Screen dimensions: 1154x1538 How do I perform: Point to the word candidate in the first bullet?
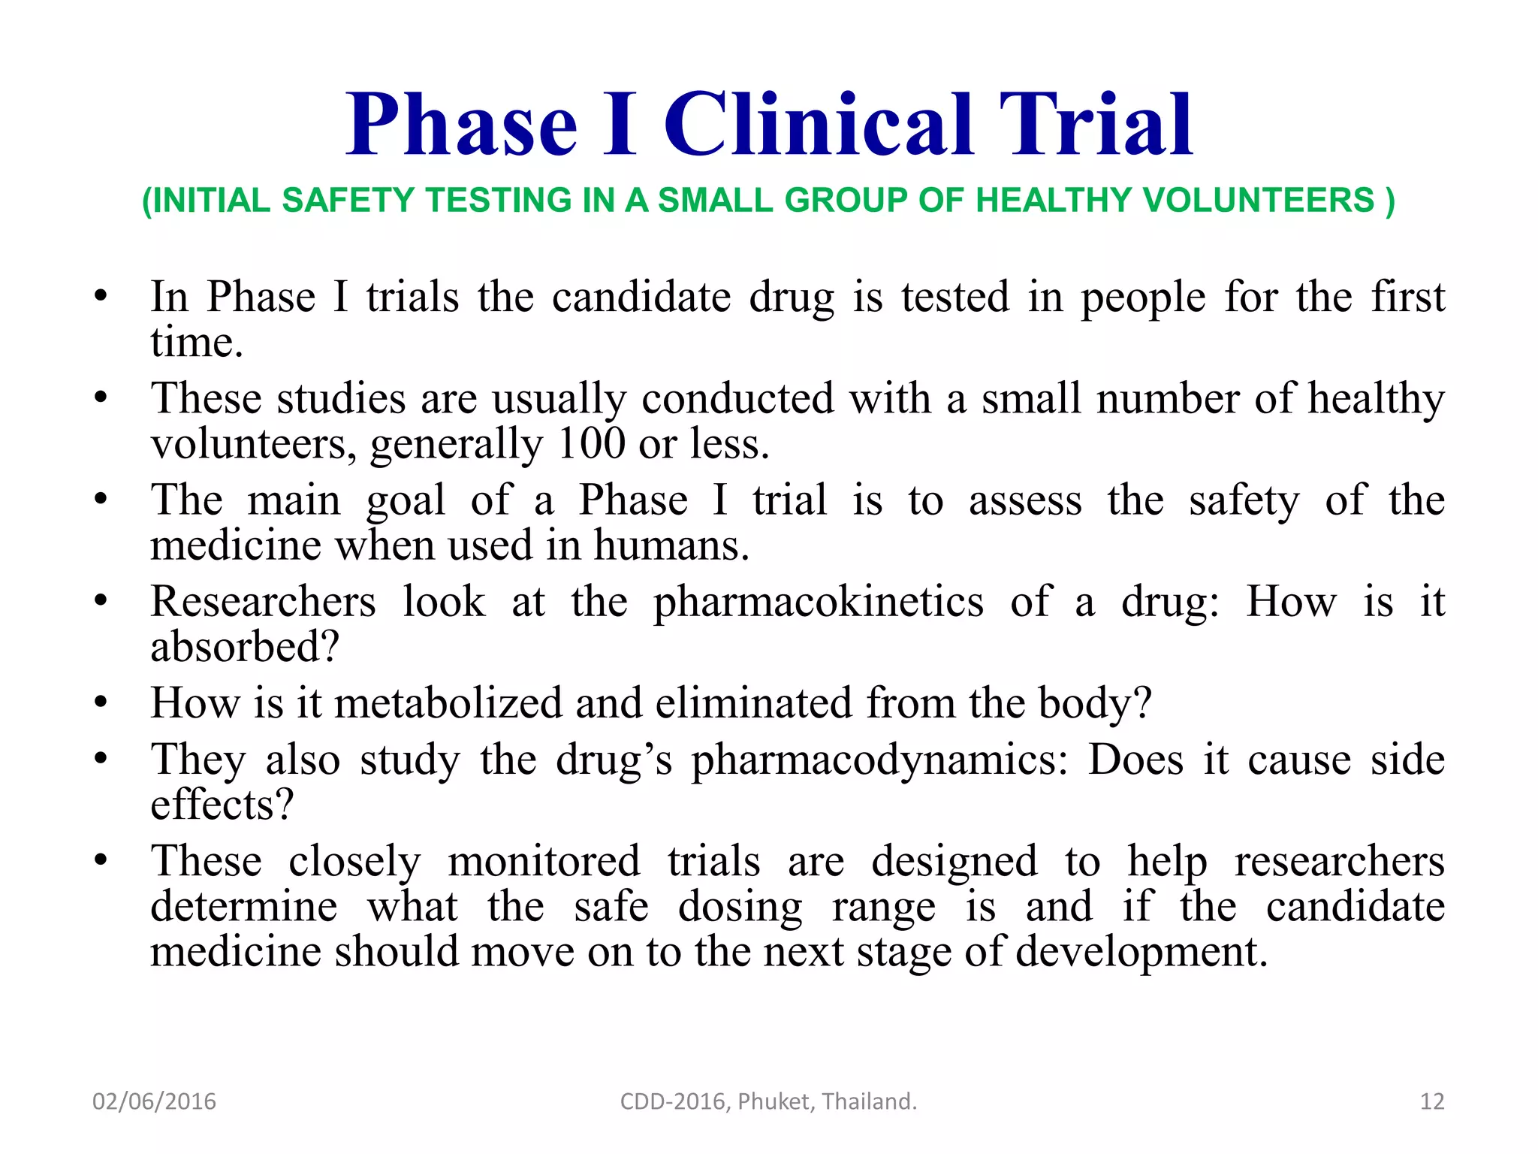[641, 297]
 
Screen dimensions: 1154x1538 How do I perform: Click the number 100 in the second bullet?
[592, 443]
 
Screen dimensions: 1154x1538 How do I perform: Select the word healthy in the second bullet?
[1376, 398]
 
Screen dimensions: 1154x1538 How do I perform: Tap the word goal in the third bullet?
[406, 500]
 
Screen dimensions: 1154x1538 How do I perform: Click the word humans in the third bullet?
[671, 545]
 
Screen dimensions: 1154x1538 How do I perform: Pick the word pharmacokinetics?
[818, 602]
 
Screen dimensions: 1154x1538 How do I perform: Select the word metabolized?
[448, 703]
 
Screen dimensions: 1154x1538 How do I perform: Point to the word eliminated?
[752, 703]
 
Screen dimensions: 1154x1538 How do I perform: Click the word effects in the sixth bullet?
[221, 804]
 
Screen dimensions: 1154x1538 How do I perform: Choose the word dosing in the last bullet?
[740, 907]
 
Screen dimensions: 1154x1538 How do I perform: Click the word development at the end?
[1141, 952]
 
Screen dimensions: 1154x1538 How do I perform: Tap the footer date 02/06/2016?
[154, 1101]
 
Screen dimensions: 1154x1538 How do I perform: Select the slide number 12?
[1432, 1101]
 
